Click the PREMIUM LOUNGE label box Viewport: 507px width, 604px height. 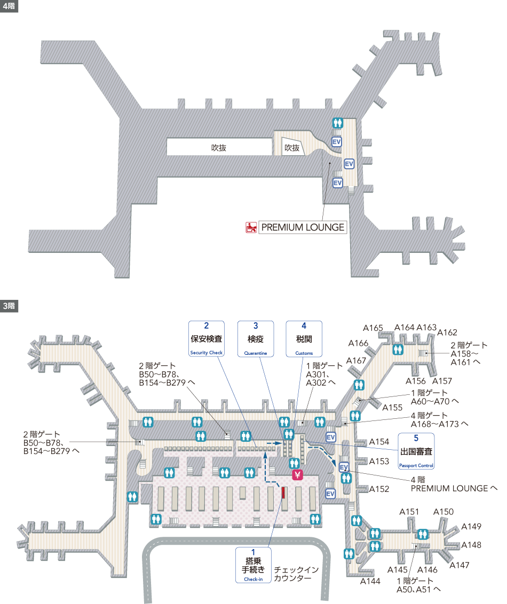tap(303, 227)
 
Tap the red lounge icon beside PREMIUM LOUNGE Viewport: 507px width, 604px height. tap(251, 227)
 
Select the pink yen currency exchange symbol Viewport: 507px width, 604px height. tap(297, 474)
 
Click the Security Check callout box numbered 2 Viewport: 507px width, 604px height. tap(207, 339)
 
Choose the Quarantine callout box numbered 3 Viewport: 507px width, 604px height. tap(256, 339)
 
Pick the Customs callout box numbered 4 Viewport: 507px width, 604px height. tap(304, 339)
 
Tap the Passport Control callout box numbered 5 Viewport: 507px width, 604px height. tap(416, 451)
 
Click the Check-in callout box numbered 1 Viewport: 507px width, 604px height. tap(253, 565)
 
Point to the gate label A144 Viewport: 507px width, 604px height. tap(370, 581)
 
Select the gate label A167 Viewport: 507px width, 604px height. tap(356, 361)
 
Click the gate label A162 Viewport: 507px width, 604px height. tap(447, 332)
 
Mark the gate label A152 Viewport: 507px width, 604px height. tap(379, 489)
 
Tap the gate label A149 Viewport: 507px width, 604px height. tap(471, 527)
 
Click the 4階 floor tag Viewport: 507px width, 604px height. tap(9, 6)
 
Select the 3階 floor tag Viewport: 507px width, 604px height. tap(9, 306)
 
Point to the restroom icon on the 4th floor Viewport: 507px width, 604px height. tap(338, 123)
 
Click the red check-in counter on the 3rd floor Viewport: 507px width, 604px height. tap(283, 492)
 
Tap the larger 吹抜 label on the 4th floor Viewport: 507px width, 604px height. tap(218, 148)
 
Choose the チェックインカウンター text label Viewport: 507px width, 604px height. tap(296, 574)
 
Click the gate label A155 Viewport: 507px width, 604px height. tap(392, 408)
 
